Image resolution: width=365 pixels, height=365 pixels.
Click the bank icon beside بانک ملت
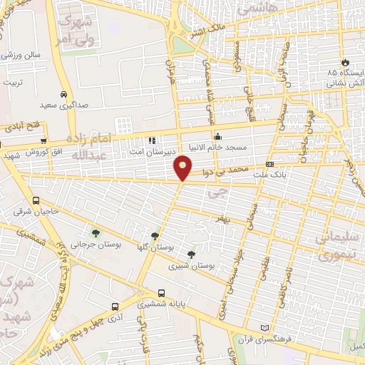(x=269, y=164)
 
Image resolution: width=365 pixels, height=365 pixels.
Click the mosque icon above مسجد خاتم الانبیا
(x=217, y=137)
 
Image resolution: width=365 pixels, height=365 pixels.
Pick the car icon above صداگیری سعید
(x=63, y=94)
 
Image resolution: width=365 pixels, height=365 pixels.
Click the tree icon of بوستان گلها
(x=155, y=235)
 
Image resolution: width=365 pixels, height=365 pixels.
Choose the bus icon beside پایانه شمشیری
(x=162, y=292)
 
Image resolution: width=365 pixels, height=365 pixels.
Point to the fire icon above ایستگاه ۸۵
(x=346, y=63)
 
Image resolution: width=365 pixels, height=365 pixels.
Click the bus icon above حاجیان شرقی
(x=36, y=200)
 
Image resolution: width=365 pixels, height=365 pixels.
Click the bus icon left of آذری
(x=115, y=307)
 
